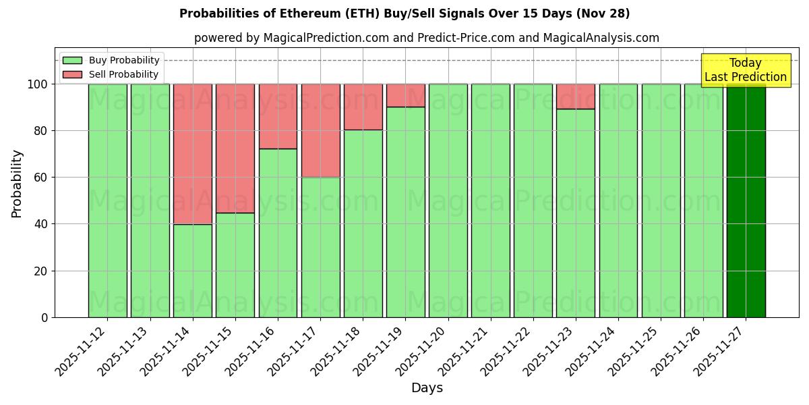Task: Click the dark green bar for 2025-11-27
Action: coord(746,200)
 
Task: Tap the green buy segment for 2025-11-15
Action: coord(235,265)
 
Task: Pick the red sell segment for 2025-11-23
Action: coord(576,97)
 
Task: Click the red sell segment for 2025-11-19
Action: coord(405,95)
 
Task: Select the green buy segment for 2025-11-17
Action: coord(320,247)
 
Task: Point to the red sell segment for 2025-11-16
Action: coord(278,116)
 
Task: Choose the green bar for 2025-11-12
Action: coord(107,200)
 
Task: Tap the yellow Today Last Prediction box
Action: coord(746,70)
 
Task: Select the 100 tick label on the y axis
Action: coord(38,84)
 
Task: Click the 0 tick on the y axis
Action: coord(44,317)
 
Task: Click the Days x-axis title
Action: coord(427,388)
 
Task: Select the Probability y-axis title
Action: coord(17,183)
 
